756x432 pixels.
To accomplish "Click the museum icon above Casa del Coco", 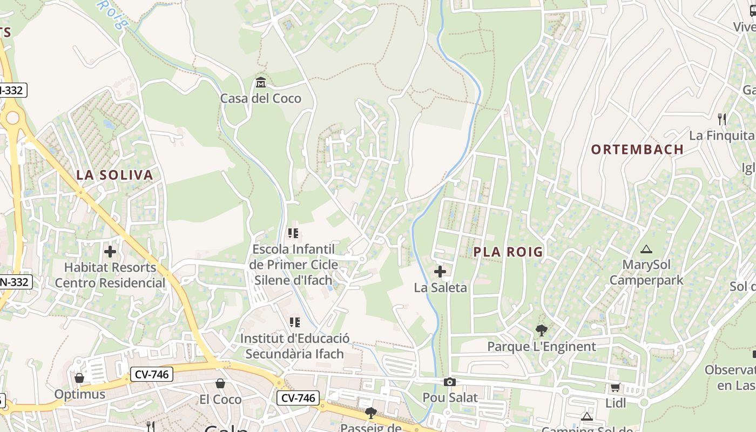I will pyautogui.click(x=261, y=83).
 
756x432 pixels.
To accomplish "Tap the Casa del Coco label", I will pyautogui.click(x=261, y=98).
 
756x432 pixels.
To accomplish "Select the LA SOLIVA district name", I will pyautogui.click(x=114, y=175).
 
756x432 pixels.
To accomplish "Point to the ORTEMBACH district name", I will pyautogui.click(x=637, y=150).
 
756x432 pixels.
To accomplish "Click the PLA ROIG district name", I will pyautogui.click(x=508, y=252).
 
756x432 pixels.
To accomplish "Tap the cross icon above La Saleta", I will pyautogui.click(x=440, y=272).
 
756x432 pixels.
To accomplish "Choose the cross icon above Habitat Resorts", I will pyautogui.click(x=110, y=252).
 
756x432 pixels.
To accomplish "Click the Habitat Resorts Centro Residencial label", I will pyautogui.click(x=110, y=275).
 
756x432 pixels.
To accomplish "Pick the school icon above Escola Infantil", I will pyautogui.click(x=294, y=233).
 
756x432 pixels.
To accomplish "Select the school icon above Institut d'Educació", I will pyautogui.click(x=295, y=322).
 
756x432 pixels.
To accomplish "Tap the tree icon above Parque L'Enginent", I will pyautogui.click(x=541, y=330).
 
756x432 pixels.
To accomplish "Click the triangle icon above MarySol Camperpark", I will pyautogui.click(x=646, y=249).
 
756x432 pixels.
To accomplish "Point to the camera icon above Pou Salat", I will pyautogui.click(x=449, y=382).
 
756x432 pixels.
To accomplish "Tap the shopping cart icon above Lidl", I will pyautogui.click(x=615, y=387).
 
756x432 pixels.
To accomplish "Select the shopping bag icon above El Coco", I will pyautogui.click(x=220, y=383).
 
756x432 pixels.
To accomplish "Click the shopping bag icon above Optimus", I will pyautogui.click(x=79, y=377).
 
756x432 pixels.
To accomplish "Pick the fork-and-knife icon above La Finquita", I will pyautogui.click(x=721, y=119).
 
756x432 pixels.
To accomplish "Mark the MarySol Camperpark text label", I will pyautogui.click(x=646, y=273).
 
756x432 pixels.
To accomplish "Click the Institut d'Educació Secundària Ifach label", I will pyautogui.click(x=295, y=346).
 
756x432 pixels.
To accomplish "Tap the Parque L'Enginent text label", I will pyautogui.click(x=542, y=347).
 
